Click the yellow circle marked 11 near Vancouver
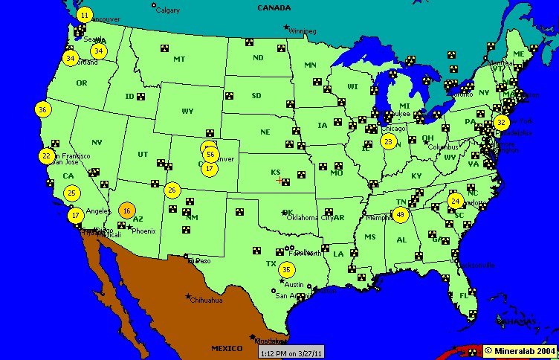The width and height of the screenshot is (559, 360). point(84,15)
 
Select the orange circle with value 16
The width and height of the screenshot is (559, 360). point(127,210)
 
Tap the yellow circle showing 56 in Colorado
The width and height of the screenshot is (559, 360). point(210,155)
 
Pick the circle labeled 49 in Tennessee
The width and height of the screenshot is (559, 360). point(401,215)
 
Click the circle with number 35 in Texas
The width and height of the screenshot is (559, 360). point(287,269)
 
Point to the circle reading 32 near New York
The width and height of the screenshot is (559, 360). point(502,122)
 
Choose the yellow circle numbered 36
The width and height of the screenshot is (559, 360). point(42,109)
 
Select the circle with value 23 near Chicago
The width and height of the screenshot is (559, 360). point(388,141)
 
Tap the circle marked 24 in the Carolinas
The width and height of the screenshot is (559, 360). point(455,201)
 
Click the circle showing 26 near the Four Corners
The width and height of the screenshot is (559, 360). point(172,190)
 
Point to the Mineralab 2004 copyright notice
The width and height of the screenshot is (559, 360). point(520,350)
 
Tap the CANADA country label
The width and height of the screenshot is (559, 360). point(274,7)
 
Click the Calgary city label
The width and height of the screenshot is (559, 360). point(167,10)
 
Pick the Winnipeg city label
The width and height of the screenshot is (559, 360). point(303,31)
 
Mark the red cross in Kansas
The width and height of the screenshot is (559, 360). point(279,180)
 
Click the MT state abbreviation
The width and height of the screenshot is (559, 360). point(179,59)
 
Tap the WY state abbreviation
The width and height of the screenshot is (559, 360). point(187,111)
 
